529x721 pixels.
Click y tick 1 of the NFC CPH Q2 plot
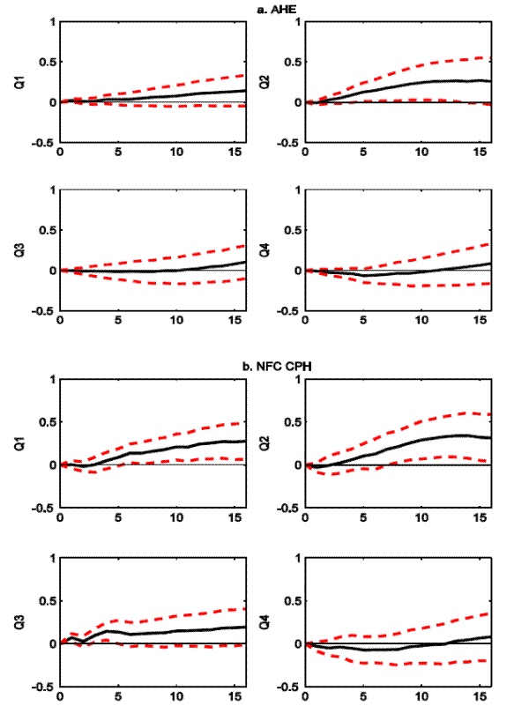(x=296, y=379)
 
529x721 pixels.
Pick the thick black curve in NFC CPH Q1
(x=176, y=447)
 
